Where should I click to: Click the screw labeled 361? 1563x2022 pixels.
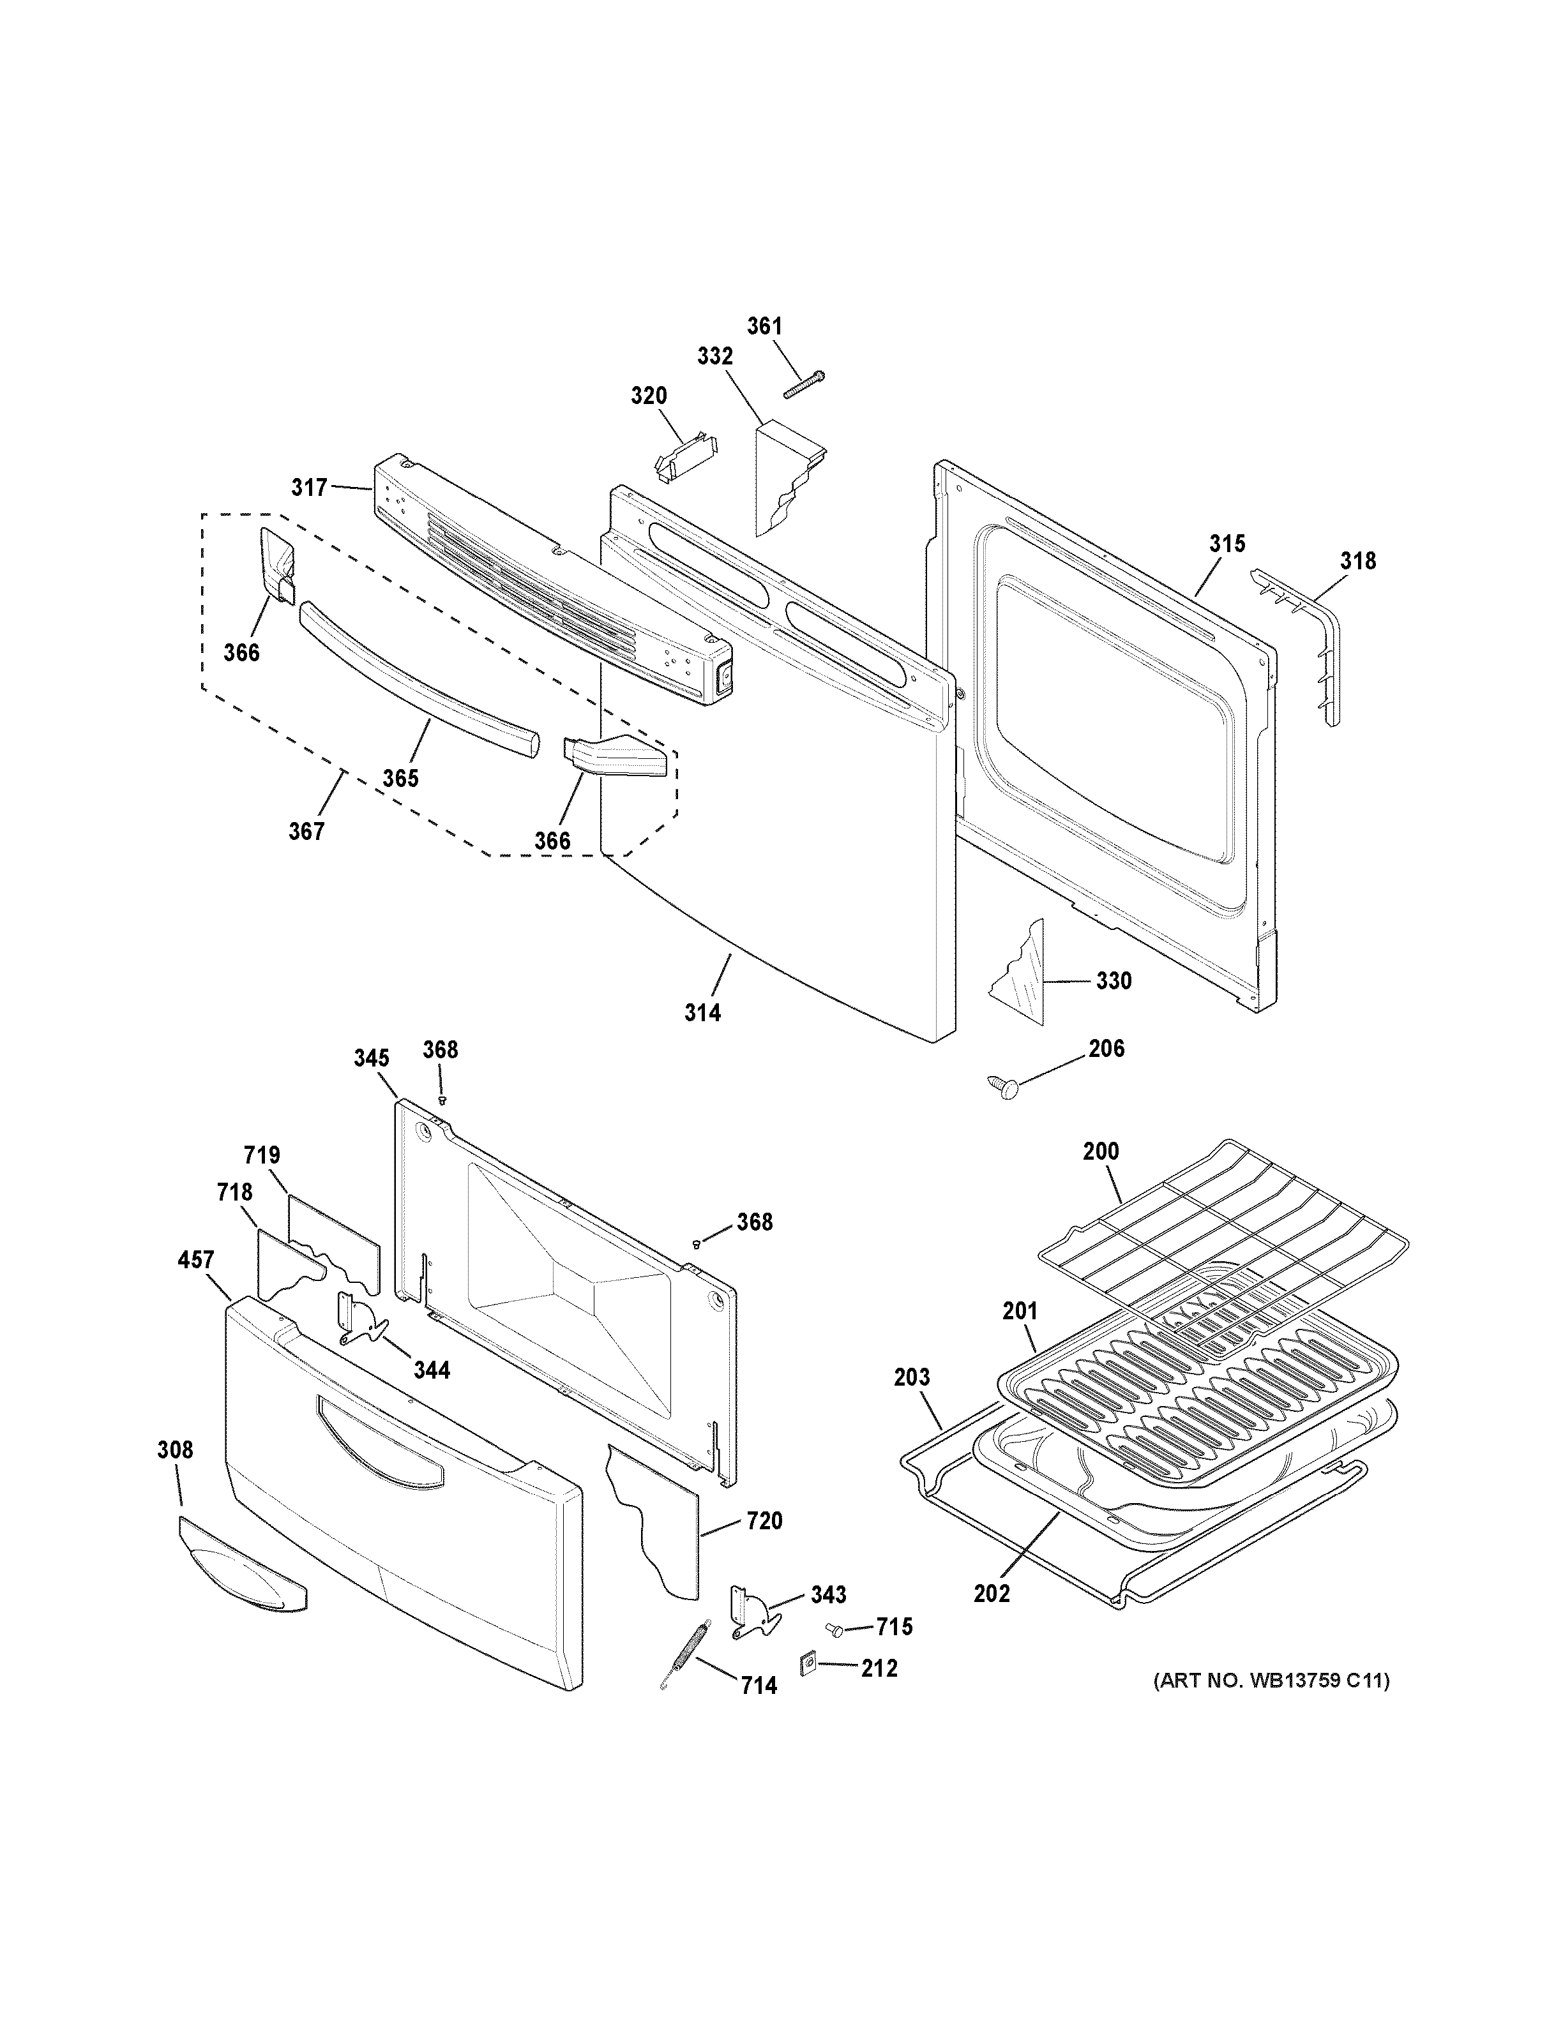tap(804, 384)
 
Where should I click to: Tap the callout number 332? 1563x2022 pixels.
tap(715, 356)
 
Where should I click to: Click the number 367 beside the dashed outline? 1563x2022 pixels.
tap(306, 832)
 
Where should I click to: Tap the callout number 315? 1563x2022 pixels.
tap(1227, 543)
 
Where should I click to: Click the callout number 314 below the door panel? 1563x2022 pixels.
tap(703, 1013)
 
